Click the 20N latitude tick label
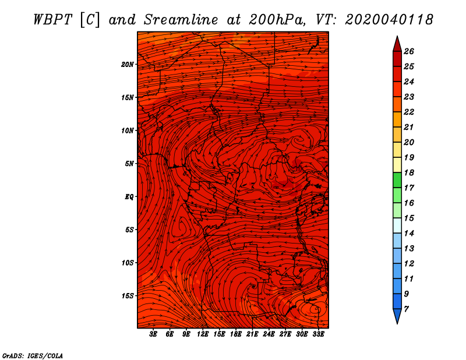pos(128,65)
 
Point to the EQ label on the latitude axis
pos(129,197)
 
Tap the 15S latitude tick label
pos(128,296)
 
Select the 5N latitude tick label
pos(129,164)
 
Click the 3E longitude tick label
pos(153,334)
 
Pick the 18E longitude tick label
pos(236,334)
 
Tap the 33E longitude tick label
pos(318,334)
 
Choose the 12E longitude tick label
pos(203,334)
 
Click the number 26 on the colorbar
pos(409,51)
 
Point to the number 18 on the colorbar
pos(409,172)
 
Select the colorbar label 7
pos(406,309)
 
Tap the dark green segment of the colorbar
pos(397,180)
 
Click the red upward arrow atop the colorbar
pos(397,44)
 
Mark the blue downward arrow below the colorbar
pos(397,316)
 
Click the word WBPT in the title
pos(52,20)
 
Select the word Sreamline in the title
pos(181,20)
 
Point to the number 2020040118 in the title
pos(389,20)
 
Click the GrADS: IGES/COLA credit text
pos(33,356)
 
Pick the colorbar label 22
pos(409,112)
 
